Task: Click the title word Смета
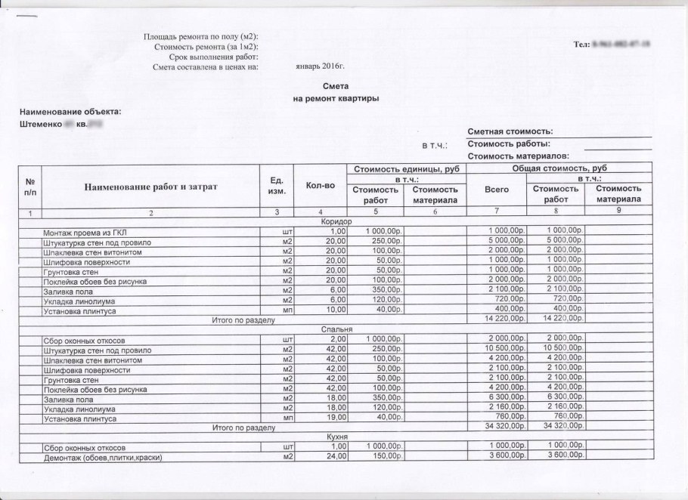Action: click(x=335, y=87)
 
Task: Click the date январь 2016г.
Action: click(x=319, y=66)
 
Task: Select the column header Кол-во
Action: click(x=320, y=185)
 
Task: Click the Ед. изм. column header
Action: click(x=276, y=185)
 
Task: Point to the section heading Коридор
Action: click(x=335, y=221)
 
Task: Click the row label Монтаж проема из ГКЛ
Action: click(x=88, y=231)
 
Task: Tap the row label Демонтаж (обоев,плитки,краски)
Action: click(x=104, y=457)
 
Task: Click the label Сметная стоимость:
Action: click(x=510, y=131)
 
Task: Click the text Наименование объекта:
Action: click(x=70, y=112)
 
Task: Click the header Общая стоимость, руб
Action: click(x=559, y=168)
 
